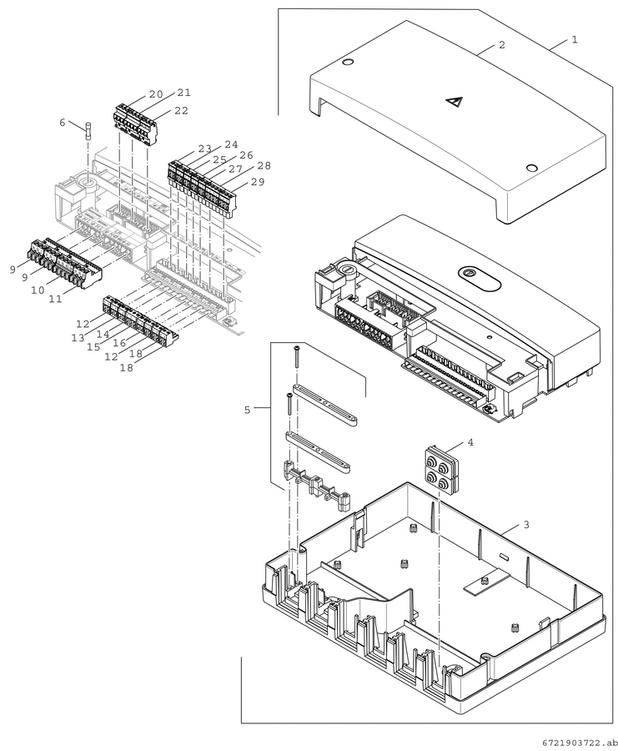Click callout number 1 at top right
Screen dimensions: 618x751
(x=575, y=39)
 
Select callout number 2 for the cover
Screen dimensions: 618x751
(x=502, y=45)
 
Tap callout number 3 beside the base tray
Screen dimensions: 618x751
(x=526, y=525)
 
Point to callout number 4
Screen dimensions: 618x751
(x=470, y=442)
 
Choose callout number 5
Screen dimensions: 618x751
(x=247, y=410)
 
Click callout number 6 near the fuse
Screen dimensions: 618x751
(x=63, y=123)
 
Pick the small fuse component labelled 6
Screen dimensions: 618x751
(x=88, y=131)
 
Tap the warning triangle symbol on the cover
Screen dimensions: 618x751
(x=453, y=101)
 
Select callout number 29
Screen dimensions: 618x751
(x=258, y=182)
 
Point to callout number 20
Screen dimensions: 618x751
(x=156, y=94)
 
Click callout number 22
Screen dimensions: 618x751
(x=182, y=111)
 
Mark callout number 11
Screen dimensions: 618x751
(x=56, y=299)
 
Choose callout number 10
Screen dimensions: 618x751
(x=38, y=290)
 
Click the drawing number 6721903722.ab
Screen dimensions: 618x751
(x=577, y=743)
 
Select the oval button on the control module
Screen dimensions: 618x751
(x=480, y=278)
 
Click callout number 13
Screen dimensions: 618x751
(x=78, y=338)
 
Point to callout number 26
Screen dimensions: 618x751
(x=246, y=155)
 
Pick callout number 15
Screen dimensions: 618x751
(x=93, y=347)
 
